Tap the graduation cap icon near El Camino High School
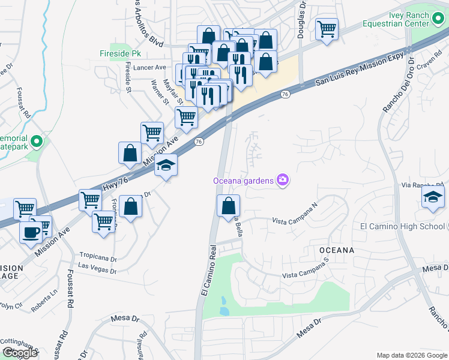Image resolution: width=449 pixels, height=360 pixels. click(433, 197)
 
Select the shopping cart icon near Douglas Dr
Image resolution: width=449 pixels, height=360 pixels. click(327, 28)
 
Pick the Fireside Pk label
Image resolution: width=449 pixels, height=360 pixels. click(115, 53)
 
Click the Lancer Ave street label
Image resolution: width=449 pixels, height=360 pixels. click(149, 68)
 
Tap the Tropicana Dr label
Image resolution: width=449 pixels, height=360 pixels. click(97, 256)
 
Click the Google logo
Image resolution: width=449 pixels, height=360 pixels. click(20, 353)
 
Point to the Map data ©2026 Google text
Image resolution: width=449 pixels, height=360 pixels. click(412, 355)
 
